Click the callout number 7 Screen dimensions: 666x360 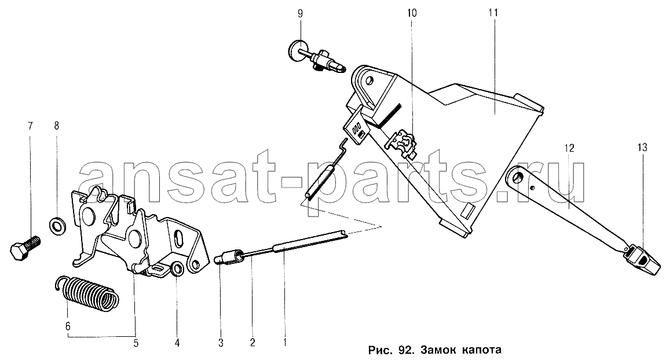pos(30,126)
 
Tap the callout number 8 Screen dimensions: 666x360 pos(57,126)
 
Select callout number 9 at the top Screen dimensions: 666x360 pos(301,13)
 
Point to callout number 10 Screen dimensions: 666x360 pos(412,13)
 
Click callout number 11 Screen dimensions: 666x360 pos(493,13)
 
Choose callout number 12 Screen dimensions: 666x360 pos(569,148)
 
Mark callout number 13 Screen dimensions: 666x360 pos(642,148)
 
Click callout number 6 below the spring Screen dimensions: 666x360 pos(68,326)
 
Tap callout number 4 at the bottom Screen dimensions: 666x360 pos(177,342)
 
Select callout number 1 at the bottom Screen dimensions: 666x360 pos(284,342)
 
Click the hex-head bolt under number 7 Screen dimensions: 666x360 pos(25,248)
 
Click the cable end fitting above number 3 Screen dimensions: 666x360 pos(229,257)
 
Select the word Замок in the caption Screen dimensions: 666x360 pos(438,350)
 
